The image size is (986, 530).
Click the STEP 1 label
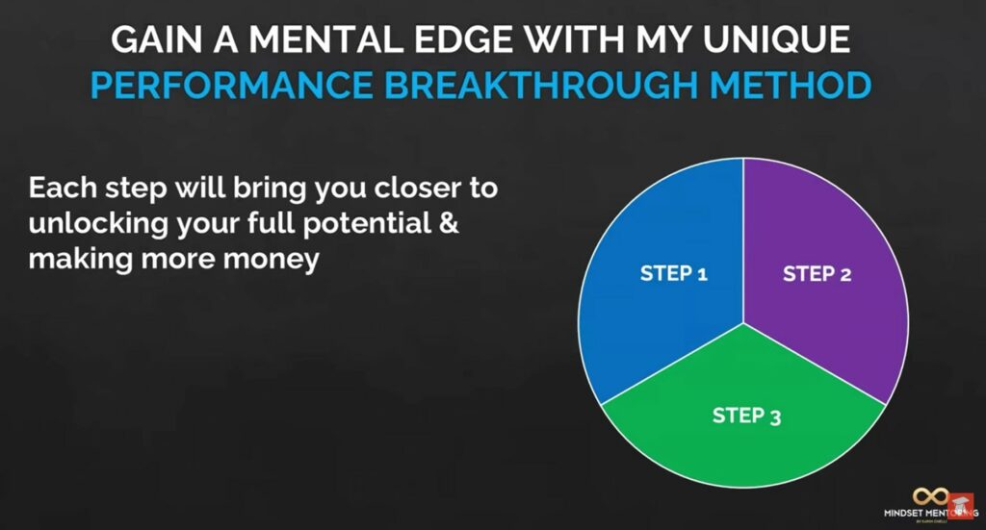674,273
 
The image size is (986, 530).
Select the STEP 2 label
817,273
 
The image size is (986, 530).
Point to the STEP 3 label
746,416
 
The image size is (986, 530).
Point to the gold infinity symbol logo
931,496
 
